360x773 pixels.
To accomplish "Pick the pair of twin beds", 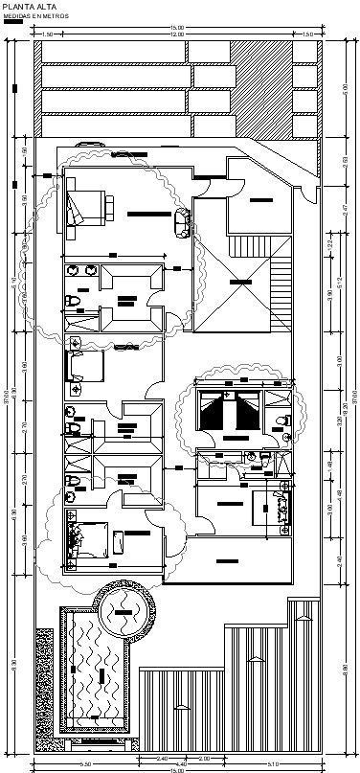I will coord(230,412).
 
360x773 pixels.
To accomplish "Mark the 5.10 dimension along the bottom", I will coord(274,763).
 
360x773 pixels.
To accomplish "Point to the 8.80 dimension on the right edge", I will coord(347,669).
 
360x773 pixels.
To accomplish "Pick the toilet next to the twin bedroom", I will coord(283,421).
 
